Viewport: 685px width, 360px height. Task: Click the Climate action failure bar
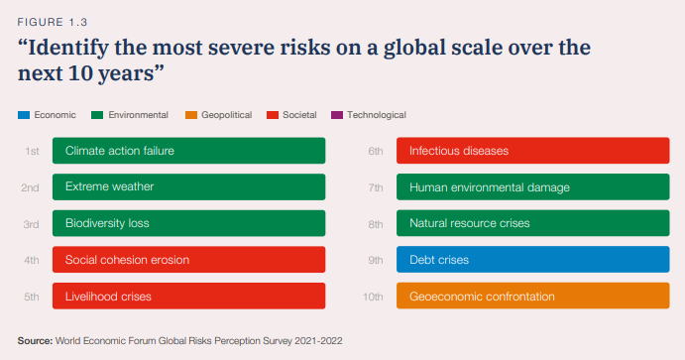point(188,151)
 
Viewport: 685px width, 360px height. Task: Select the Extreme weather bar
point(188,186)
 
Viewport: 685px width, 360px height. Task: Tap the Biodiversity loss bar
point(188,223)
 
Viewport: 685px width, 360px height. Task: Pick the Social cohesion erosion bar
point(188,260)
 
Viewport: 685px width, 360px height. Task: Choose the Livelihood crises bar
point(188,296)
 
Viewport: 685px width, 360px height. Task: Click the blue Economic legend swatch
point(24,115)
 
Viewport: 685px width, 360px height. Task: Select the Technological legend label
point(376,115)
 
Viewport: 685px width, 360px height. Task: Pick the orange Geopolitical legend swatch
point(190,115)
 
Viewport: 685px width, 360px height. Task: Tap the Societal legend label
point(299,115)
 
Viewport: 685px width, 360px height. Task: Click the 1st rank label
point(32,151)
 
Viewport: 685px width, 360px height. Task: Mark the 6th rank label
point(376,151)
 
